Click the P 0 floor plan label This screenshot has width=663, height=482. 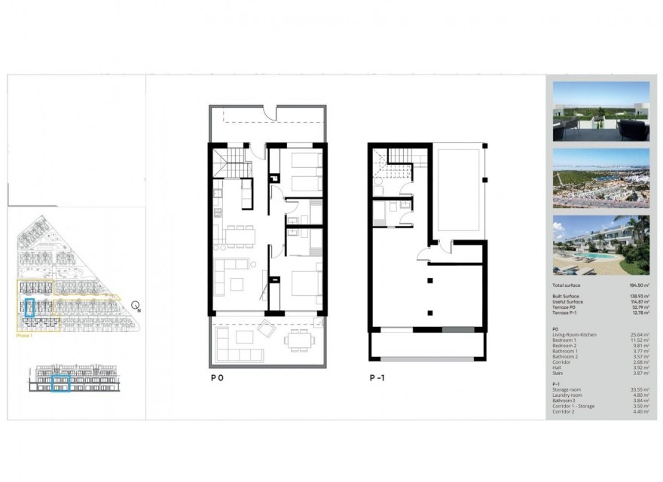[216, 380]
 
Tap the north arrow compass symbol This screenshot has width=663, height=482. [136, 306]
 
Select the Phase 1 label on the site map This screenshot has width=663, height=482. [26, 337]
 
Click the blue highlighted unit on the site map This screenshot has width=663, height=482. [30, 307]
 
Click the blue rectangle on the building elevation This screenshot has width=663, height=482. [60, 383]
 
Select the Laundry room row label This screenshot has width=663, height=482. [567, 395]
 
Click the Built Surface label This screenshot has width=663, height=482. [565, 296]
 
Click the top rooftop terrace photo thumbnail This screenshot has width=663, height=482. [600, 111]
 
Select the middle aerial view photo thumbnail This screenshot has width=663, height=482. [600, 178]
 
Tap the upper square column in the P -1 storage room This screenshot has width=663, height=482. [429, 280]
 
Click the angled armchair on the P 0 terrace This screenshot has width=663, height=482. [267, 328]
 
